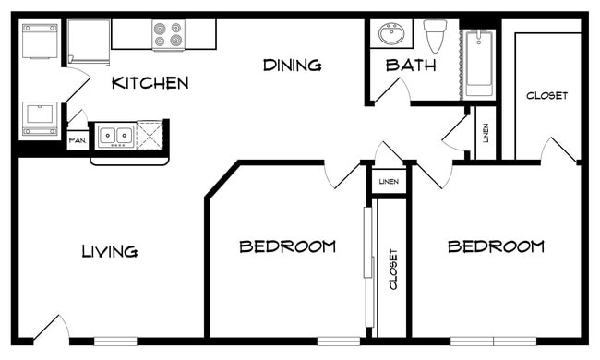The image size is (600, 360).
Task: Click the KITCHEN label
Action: click(x=150, y=83)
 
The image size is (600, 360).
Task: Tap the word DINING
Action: click(x=292, y=65)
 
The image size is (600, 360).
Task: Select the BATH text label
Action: click(x=411, y=65)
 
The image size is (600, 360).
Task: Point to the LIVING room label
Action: click(x=109, y=251)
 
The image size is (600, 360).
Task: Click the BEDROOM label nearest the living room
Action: click(x=287, y=246)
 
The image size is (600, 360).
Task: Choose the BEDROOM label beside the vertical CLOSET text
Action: click(x=496, y=246)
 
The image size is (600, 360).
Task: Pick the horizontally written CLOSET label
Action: click(x=546, y=95)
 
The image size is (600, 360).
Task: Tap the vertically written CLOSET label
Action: click(x=393, y=270)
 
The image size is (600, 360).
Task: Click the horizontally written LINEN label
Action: click(x=389, y=182)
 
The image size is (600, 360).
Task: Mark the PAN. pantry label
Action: click(x=78, y=142)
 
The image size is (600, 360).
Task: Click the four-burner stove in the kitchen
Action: click(x=168, y=35)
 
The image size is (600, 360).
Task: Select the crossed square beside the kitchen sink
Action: click(x=150, y=136)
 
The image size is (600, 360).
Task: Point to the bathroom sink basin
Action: click(x=391, y=34)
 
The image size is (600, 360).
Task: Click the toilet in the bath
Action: click(x=434, y=35)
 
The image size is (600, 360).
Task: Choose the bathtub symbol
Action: click(x=479, y=62)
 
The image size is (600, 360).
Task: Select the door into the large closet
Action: click(x=559, y=150)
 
